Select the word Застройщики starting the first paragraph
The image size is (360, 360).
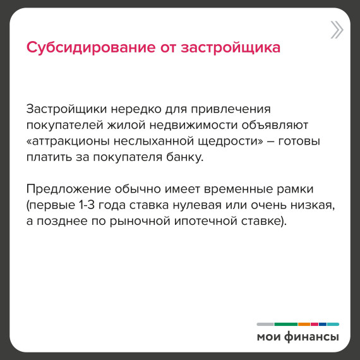(66, 109)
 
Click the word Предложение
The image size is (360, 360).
(68, 189)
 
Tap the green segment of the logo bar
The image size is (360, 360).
(286, 324)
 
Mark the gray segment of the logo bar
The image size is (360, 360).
(265, 324)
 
